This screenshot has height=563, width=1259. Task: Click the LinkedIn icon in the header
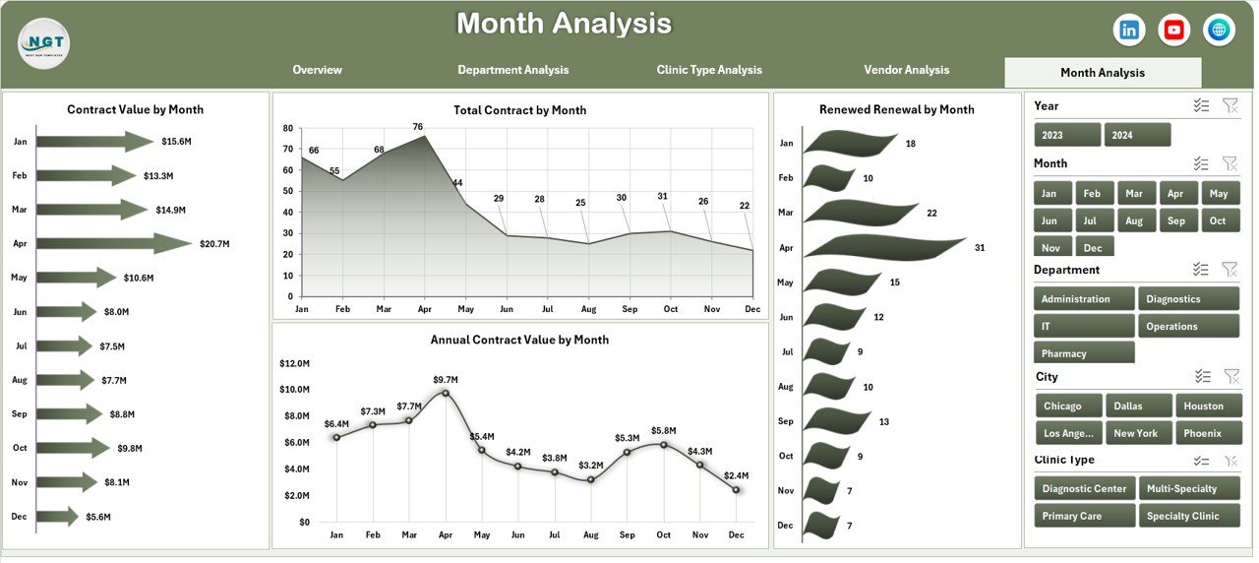1129,31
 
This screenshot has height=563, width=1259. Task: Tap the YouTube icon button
1174,31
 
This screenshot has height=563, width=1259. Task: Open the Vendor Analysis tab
906,70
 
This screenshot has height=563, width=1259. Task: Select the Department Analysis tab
512,70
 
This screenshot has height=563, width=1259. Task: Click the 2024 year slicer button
1137,135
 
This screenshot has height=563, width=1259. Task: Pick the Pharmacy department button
1084,353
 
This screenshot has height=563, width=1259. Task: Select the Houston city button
1203,406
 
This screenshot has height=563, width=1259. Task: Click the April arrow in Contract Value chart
114,243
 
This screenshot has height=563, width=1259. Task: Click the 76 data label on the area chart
418,127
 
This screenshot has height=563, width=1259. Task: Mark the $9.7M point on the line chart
446,393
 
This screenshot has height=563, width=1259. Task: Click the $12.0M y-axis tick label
294,363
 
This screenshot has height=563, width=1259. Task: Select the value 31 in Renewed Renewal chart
980,248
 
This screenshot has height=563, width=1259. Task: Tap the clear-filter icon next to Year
1229,106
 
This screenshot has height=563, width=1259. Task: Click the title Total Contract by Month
519,110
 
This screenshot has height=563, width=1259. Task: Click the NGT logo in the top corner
43,43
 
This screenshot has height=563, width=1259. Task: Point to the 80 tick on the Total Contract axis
287,128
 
